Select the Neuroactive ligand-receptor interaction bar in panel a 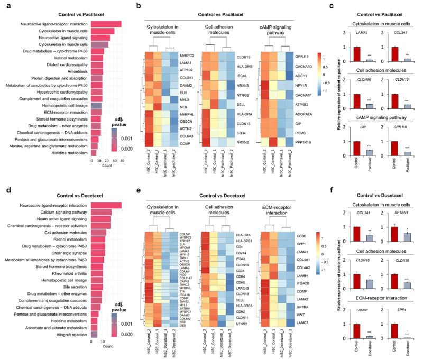[106, 24]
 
